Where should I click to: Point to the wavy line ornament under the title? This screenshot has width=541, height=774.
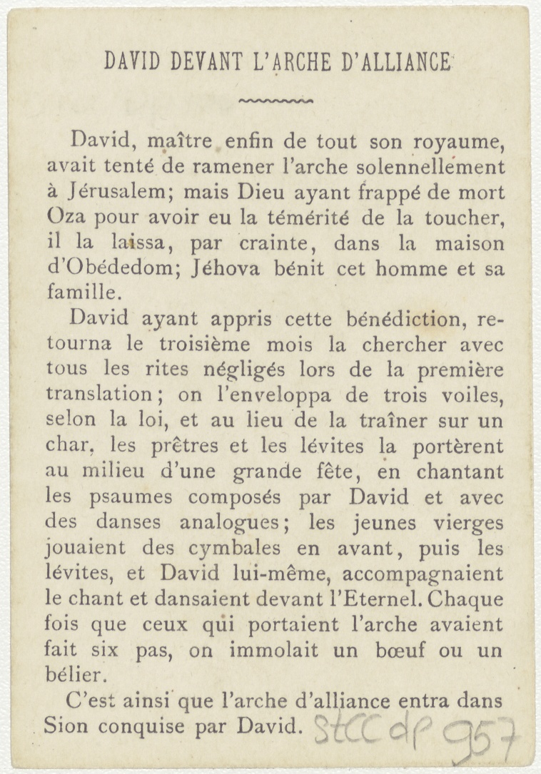pyautogui.click(x=275, y=101)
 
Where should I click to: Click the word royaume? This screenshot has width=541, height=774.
pyautogui.click(x=462, y=142)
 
